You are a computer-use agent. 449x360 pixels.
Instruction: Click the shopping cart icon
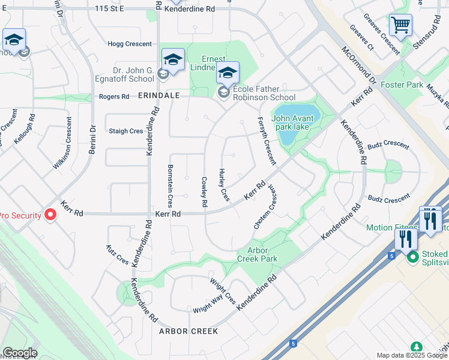coord(400,26)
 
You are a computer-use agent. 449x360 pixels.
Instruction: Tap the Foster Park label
coord(402,85)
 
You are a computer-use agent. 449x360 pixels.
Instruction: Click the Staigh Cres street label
coord(126,131)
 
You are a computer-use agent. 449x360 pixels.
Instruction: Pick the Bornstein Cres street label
coord(170,182)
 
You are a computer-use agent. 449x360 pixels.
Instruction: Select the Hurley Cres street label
coord(224,185)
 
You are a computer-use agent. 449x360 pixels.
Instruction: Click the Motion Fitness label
coord(393,227)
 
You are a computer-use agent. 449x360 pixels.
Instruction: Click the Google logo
coord(20,353)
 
